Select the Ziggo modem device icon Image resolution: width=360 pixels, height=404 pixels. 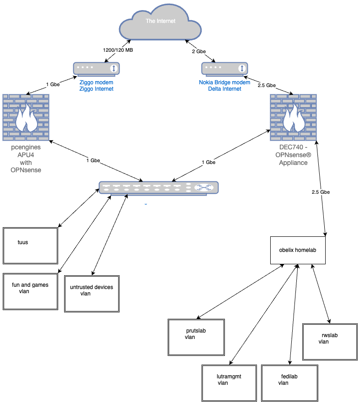coord(96,69)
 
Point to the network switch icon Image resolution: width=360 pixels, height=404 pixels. coord(158,188)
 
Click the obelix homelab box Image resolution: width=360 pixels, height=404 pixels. coord(298,250)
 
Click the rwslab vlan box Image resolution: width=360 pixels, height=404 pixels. coord(330,342)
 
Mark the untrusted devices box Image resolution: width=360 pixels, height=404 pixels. coord(92,294)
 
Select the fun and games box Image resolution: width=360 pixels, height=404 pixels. coord(31,291)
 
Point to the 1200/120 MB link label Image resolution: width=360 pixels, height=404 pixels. coord(117,49)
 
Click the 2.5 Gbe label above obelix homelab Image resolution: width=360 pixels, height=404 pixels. coord(320,192)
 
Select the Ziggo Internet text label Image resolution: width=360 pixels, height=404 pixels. coord(96,89)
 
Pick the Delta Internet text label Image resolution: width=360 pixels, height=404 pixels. coord(224,89)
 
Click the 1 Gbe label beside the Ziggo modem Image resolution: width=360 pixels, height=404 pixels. coord(53,85)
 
